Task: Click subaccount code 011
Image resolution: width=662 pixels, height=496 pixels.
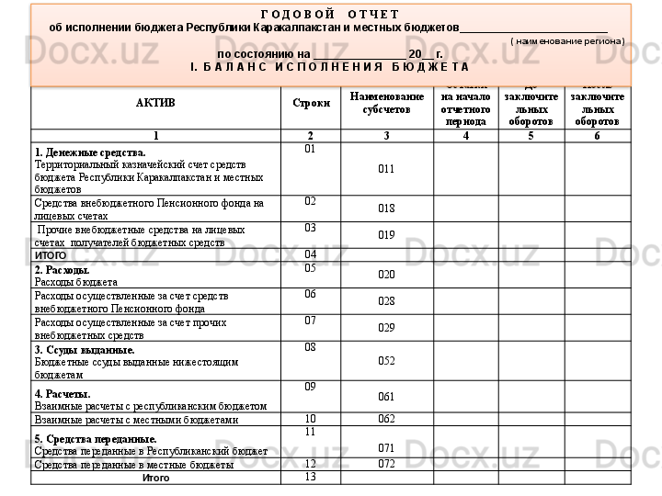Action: [386, 169]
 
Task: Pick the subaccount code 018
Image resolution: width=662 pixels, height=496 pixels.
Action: [386, 209]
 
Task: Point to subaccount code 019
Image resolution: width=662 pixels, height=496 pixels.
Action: [386, 235]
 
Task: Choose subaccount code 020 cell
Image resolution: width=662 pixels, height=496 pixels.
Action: [386, 275]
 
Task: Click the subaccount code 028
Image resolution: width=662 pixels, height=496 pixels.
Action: [386, 301]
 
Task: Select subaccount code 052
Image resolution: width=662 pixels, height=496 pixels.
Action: [386, 361]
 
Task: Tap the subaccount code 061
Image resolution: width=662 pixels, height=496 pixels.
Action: [386, 397]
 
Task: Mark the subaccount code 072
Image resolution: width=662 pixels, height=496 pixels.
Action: [386, 464]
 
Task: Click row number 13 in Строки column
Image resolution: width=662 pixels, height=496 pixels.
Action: [310, 476]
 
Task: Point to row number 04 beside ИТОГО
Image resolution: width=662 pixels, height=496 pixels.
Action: [310, 254]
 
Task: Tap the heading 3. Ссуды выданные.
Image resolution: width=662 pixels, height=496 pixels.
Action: [84, 350]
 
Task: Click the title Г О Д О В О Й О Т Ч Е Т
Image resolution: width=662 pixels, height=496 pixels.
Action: [329, 15]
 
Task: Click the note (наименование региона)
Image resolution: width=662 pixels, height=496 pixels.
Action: [567, 41]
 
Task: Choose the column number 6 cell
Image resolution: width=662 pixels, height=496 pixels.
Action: [598, 136]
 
